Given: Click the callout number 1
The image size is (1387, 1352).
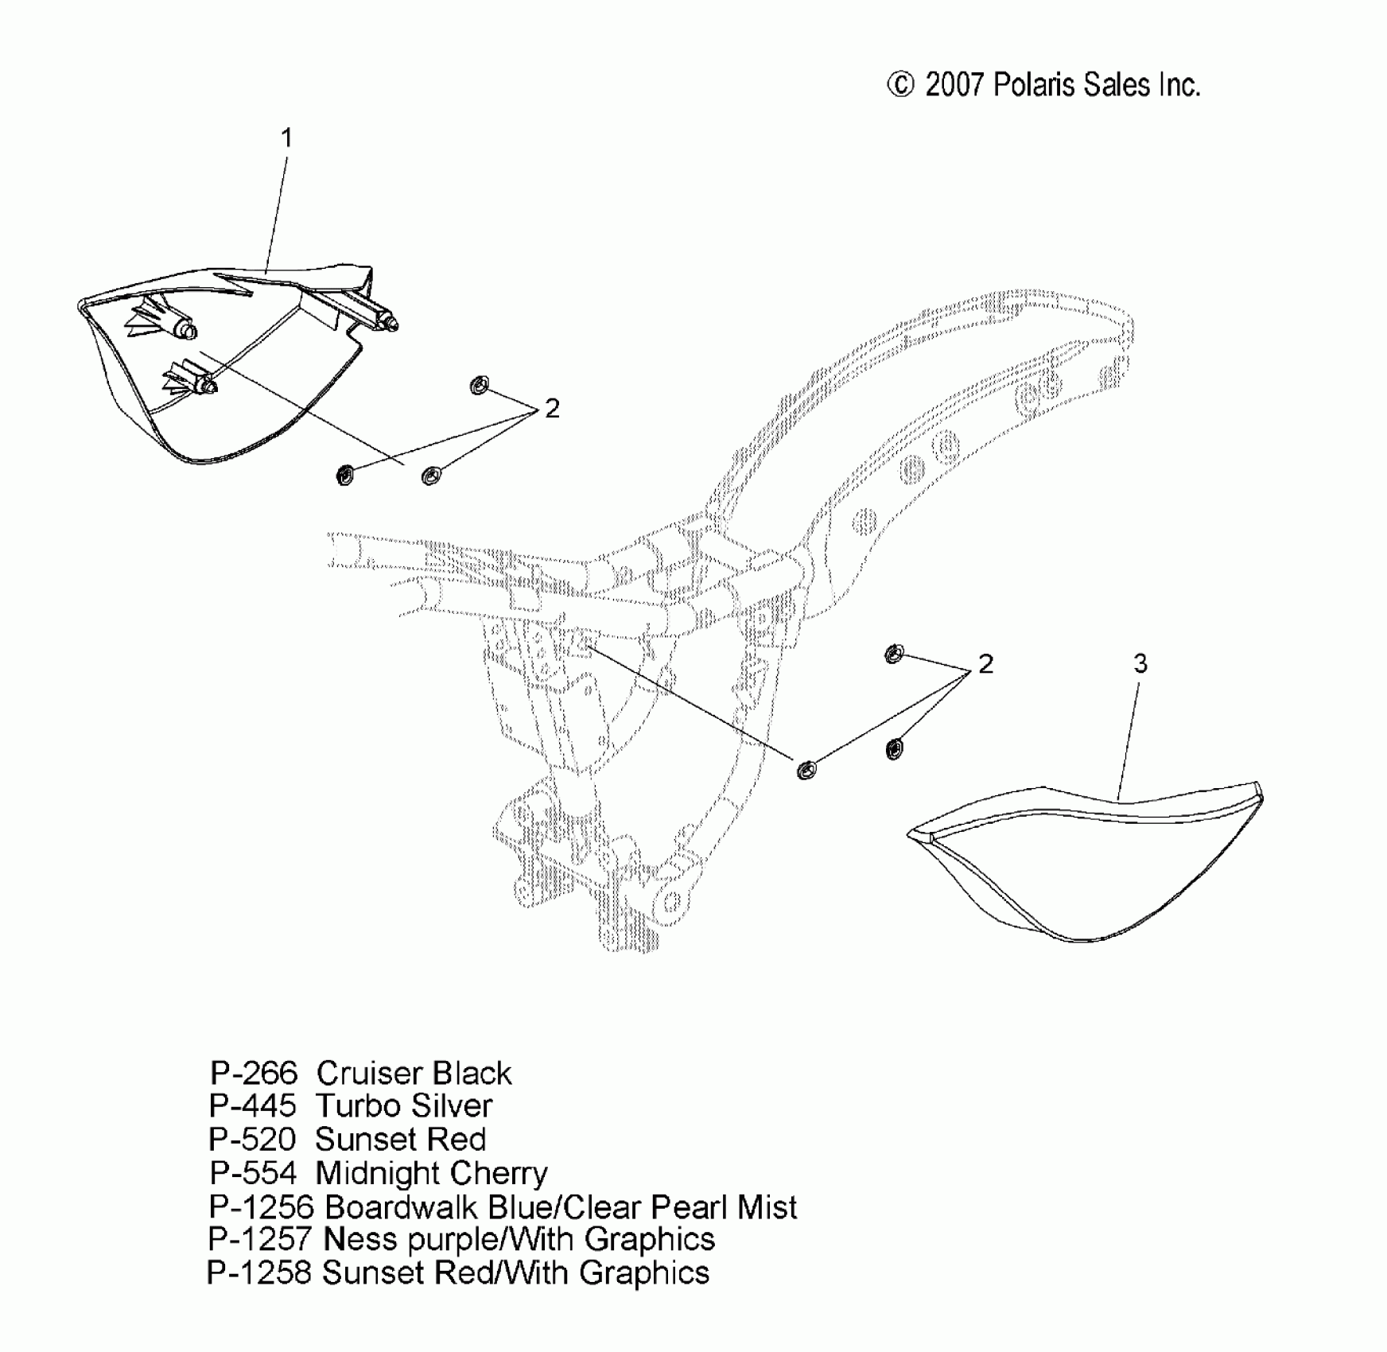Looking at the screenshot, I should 287,138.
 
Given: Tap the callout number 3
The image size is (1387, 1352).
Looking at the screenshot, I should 1140,664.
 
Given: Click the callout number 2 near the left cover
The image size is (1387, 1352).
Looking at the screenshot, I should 552,409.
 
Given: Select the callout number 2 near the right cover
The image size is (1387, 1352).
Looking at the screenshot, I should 985,664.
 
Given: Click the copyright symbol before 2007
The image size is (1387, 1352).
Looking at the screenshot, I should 900,85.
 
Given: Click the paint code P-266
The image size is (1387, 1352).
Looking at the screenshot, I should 253,1074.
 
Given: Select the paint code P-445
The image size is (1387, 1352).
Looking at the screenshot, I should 252,1106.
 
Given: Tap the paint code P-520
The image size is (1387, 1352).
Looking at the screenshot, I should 252,1140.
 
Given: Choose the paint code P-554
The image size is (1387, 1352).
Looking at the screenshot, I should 253,1173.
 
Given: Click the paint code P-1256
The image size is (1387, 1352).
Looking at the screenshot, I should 262,1207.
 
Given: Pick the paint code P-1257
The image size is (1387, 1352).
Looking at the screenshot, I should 262,1240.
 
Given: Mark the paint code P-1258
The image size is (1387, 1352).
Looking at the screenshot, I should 259,1273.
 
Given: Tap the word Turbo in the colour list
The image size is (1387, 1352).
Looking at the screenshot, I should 352,1106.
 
